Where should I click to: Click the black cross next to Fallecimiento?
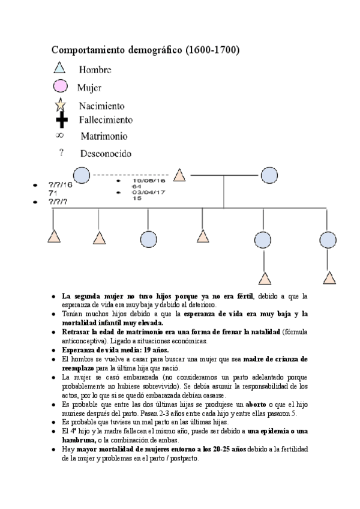(59, 120)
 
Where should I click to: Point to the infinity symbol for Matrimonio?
(59, 136)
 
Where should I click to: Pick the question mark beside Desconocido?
(61, 152)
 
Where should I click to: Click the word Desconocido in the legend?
(106, 153)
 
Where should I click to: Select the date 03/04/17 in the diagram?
(148, 192)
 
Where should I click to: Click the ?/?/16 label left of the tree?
(60, 185)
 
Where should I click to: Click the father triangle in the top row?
(179, 175)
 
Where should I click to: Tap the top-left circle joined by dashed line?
(82, 175)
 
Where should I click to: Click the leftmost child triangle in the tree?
(55, 236)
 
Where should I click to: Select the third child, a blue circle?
(148, 238)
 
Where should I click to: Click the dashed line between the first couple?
(131, 175)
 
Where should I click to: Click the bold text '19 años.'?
(152, 350)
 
